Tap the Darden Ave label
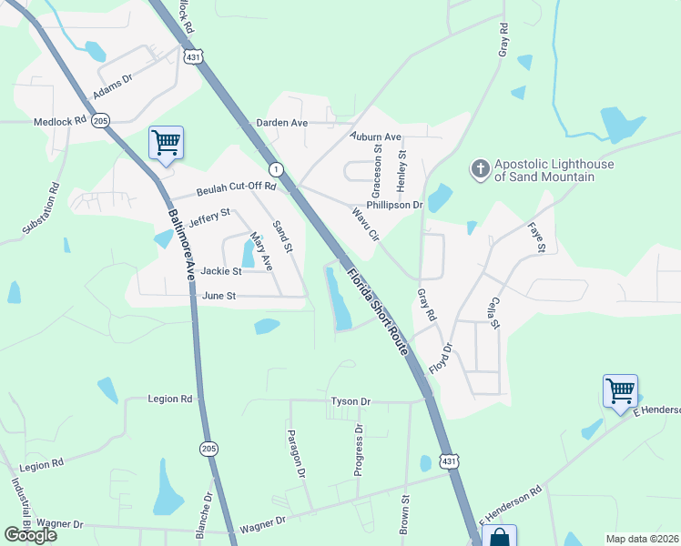(x=281, y=123)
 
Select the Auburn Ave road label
(x=376, y=137)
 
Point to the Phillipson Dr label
(x=395, y=206)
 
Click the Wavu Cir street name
(x=365, y=223)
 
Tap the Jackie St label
(x=221, y=271)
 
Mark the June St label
(x=219, y=296)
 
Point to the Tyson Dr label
(x=351, y=401)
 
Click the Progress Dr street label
(x=359, y=450)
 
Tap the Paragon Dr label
(x=294, y=453)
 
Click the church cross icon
(x=480, y=168)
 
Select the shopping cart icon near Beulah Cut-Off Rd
(x=166, y=142)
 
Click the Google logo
(x=30, y=535)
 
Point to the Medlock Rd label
(x=59, y=120)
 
